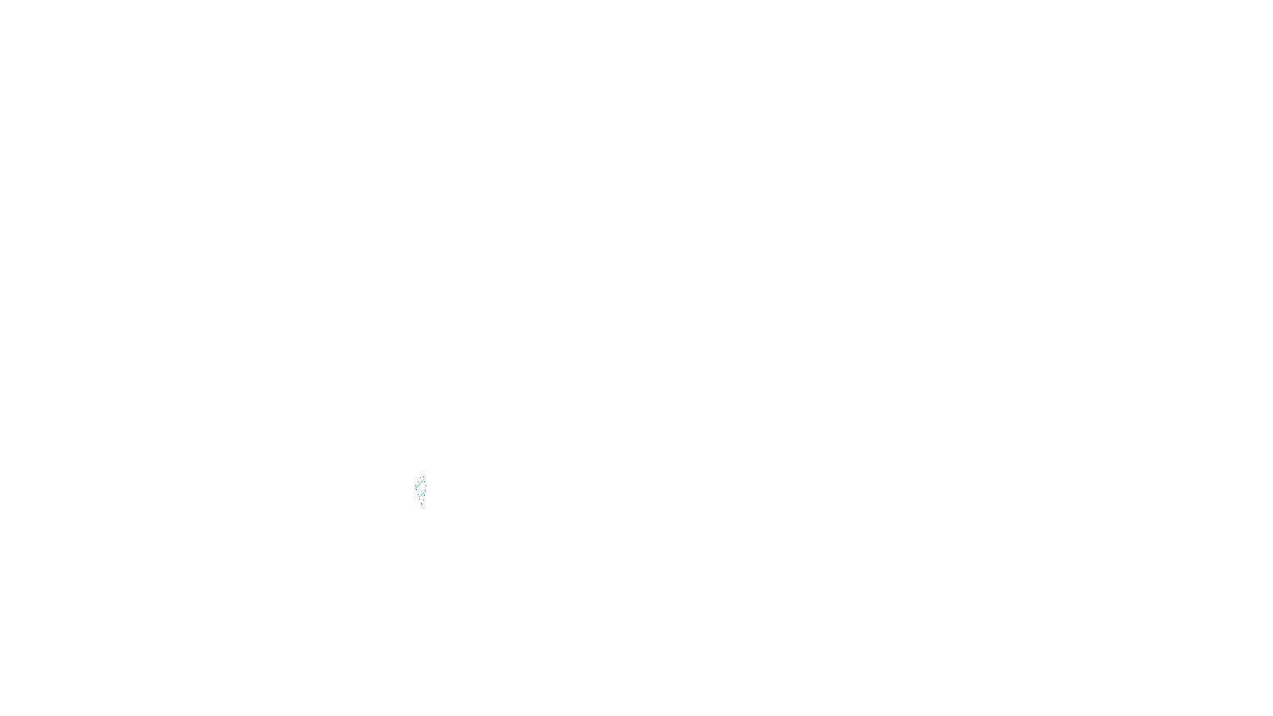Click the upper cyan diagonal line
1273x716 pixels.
click(419, 484)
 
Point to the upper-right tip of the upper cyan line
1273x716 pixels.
click(424, 480)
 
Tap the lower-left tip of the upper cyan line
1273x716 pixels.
click(415, 488)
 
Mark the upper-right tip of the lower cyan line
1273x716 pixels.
click(425, 492)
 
